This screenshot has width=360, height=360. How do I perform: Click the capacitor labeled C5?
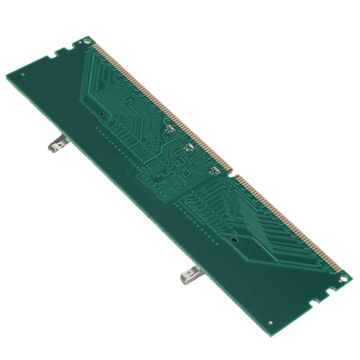(171, 128)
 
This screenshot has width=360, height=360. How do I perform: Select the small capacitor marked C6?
(190, 147)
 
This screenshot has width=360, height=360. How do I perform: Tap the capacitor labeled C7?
(216, 170)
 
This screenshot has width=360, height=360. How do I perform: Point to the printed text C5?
(168, 132)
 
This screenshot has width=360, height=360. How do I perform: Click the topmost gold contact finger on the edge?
(93, 46)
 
